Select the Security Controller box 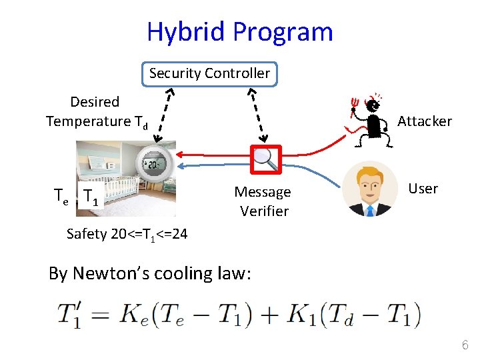click(x=209, y=73)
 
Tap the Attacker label click(x=425, y=121)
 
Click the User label click(x=423, y=189)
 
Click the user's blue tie click(x=370, y=209)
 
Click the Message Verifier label click(x=263, y=201)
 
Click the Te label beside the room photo click(x=61, y=195)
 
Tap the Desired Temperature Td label click(x=97, y=111)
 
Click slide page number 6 click(x=465, y=345)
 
